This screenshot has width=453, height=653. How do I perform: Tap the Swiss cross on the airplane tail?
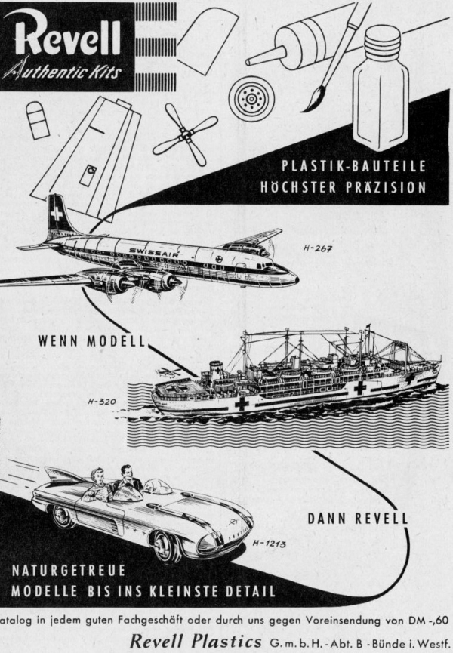pyautogui.click(x=57, y=214)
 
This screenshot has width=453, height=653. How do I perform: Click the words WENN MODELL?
pyautogui.click(x=91, y=340)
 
